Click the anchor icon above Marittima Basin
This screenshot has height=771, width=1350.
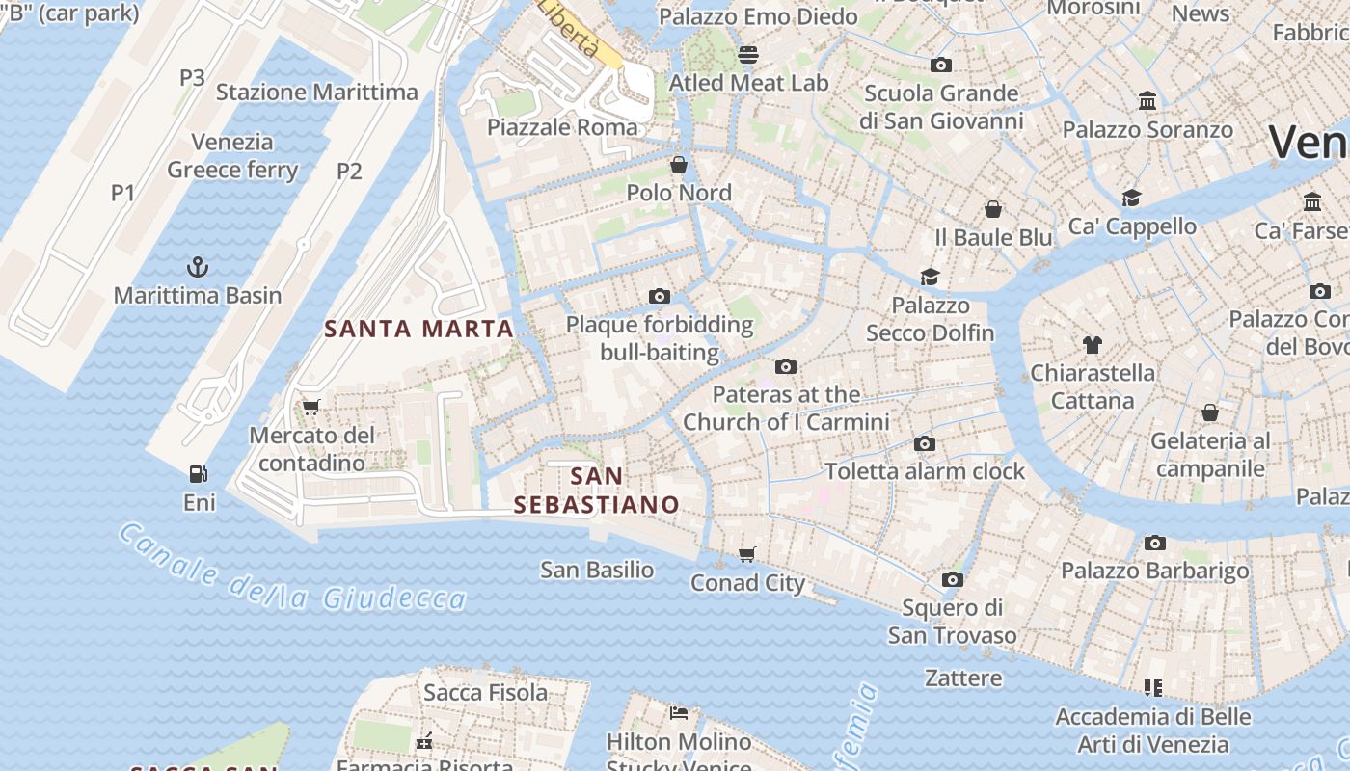pyautogui.click(x=198, y=266)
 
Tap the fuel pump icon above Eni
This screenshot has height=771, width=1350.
pyautogui.click(x=199, y=473)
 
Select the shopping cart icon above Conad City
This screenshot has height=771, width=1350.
pyautogui.click(x=747, y=554)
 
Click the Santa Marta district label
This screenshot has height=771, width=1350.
pyautogui.click(x=418, y=329)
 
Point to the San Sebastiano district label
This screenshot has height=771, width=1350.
pyautogui.click(x=596, y=491)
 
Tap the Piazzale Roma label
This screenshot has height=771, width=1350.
pyautogui.click(x=562, y=127)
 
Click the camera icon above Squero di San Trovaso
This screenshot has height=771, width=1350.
pyautogui.click(x=953, y=579)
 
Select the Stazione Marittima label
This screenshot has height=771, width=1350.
pyautogui.click(x=317, y=93)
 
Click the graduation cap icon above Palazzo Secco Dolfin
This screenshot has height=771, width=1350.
pyautogui.click(x=930, y=277)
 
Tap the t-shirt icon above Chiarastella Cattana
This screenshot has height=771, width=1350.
pyautogui.click(x=1092, y=344)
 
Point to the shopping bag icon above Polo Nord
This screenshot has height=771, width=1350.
pyautogui.click(x=679, y=164)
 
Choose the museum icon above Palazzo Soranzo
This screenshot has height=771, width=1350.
pyautogui.click(x=1147, y=100)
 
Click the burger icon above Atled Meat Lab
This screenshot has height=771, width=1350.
pyautogui.click(x=748, y=54)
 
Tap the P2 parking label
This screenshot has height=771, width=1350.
pyautogui.click(x=349, y=172)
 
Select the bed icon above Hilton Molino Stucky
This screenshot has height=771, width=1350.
pyautogui.click(x=679, y=713)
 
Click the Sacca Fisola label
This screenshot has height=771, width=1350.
pyautogui.click(x=485, y=692)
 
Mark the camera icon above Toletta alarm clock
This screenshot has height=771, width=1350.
pyautogui.click(x=925, y=443)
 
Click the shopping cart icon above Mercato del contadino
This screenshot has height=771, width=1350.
pyautogui.click(x=310, y=407)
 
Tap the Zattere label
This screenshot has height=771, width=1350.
pyautogui.click(x=963, y=678)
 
